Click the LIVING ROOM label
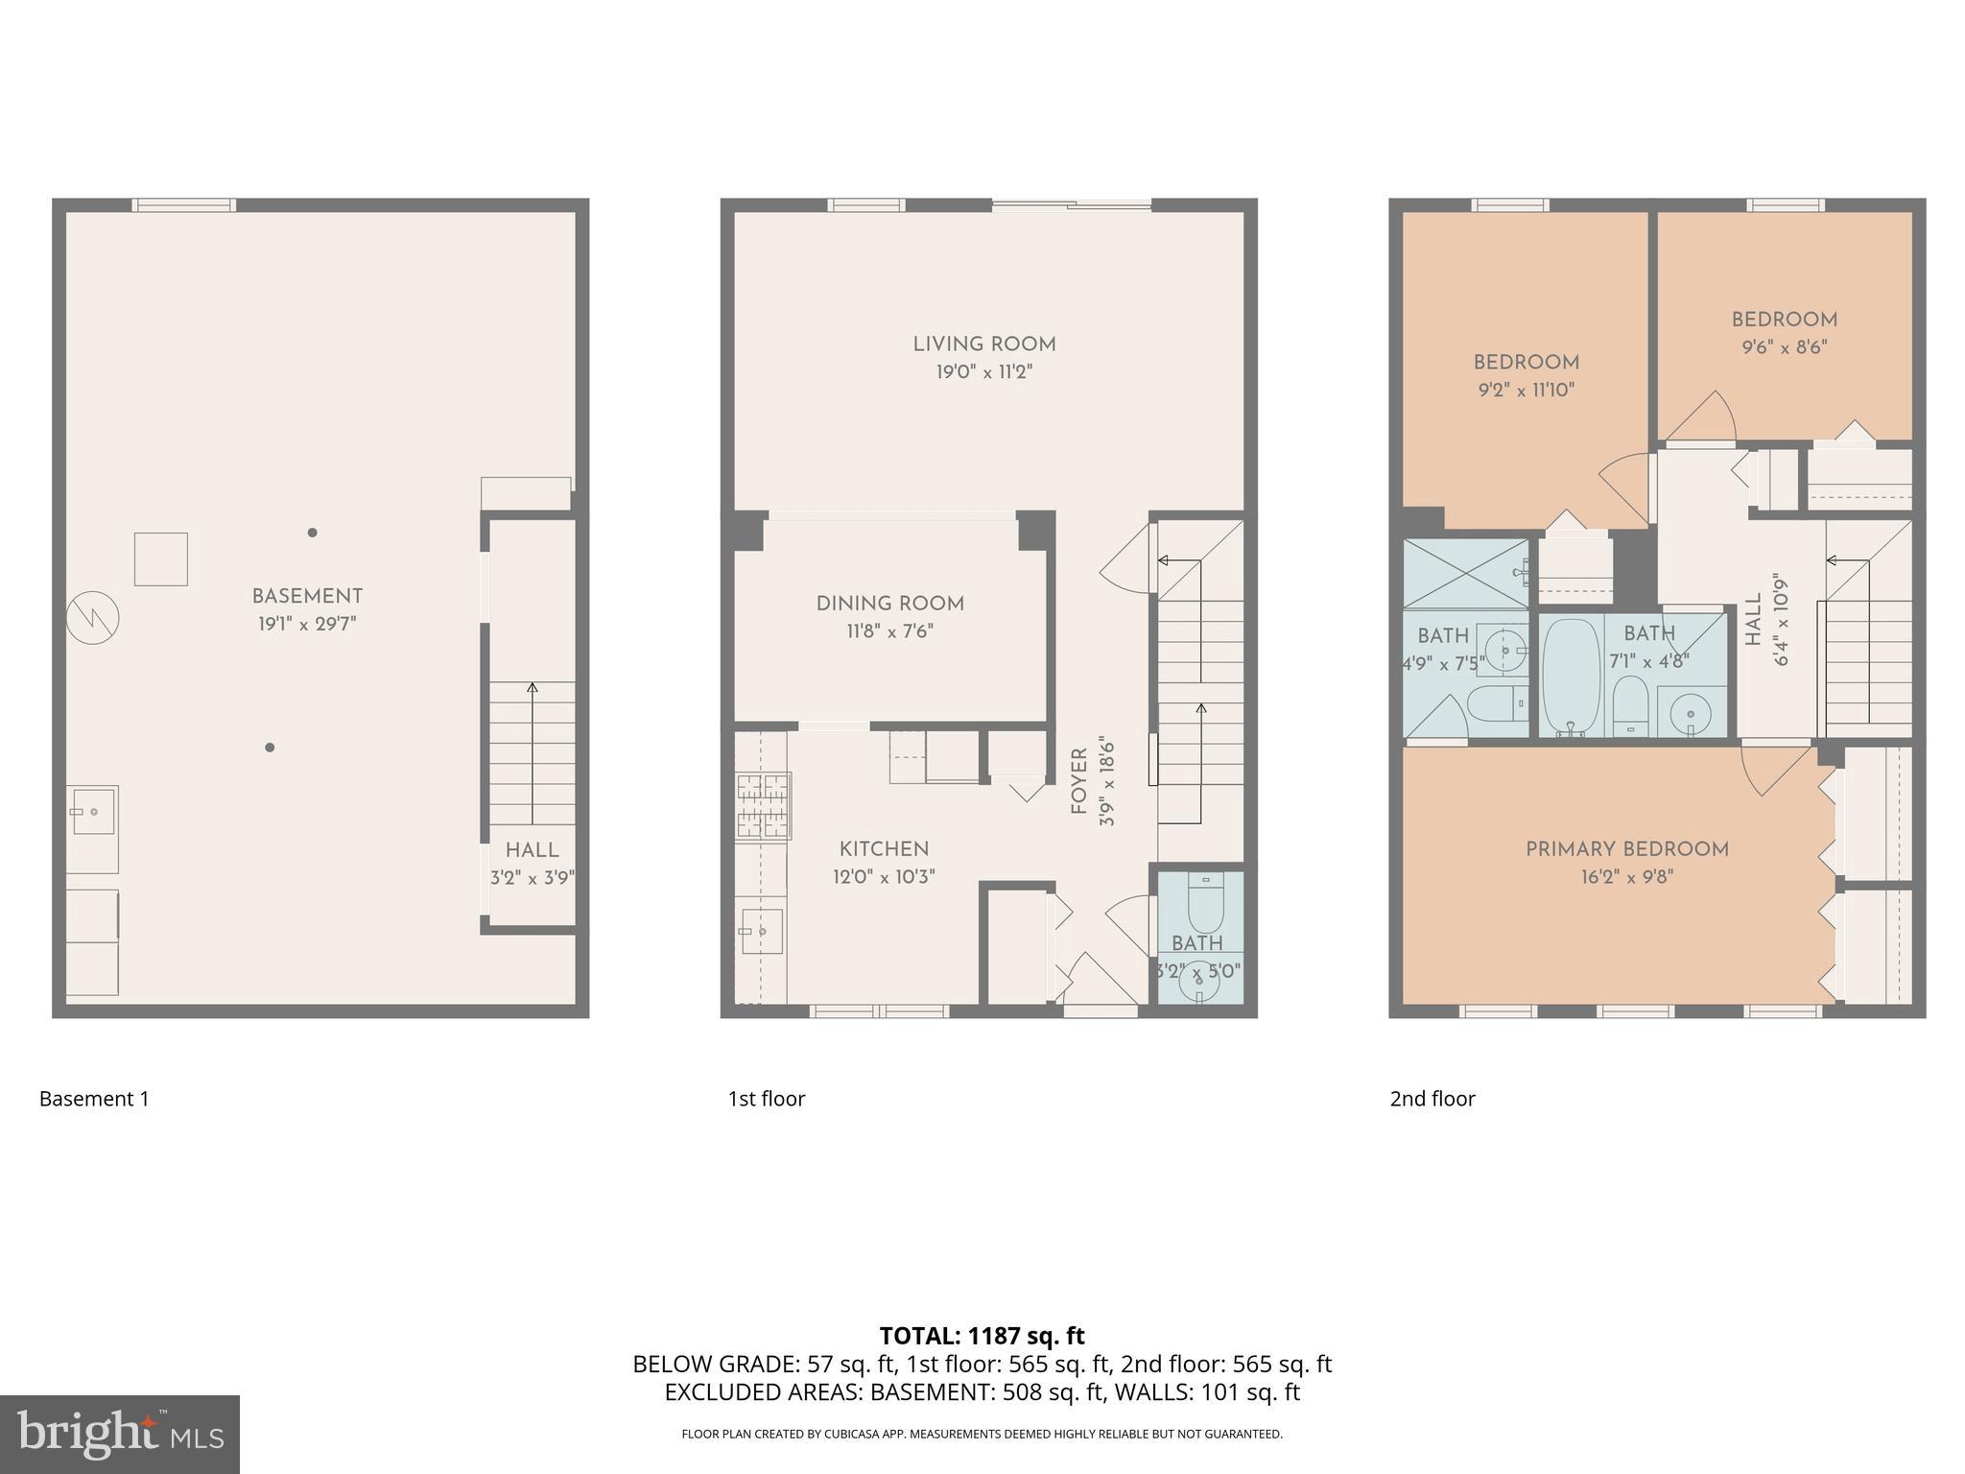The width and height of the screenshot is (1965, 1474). tap(983, 345)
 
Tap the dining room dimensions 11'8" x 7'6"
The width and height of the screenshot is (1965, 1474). tap(889, 631)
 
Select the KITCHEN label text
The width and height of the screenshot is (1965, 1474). tap(884, 849)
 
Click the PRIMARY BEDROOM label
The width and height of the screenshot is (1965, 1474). tap(1627, 849)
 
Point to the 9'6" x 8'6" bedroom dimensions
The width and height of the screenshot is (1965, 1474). tap(1784, 347)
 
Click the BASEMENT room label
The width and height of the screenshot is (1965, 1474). tap(307, 596)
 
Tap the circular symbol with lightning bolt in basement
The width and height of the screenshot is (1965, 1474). tap(93, 618)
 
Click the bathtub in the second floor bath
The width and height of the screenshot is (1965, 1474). tap(1570, 676)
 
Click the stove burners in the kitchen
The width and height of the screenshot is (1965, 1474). tap(763, 806)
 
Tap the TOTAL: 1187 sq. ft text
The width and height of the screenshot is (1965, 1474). tap(982, 1336)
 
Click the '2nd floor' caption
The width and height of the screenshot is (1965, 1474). tap(1432, 1099)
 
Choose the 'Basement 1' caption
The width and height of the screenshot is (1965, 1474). tap(94, 1099)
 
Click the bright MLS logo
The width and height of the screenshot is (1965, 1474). tap(120, 1434)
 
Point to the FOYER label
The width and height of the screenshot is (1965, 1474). tap(1079, 782)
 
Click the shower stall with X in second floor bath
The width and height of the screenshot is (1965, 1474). tap(1465, 574)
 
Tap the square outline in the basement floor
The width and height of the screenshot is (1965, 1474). tap(160, 559)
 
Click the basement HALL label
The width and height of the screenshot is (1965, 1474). tap(532, 850)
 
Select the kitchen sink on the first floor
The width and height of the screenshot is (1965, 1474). tap(761, 931)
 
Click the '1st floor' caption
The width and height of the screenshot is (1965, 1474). tap(766, 1099)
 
